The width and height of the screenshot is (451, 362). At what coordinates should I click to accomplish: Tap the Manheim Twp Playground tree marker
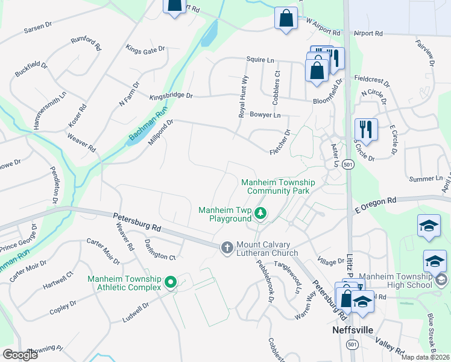coord(260,213)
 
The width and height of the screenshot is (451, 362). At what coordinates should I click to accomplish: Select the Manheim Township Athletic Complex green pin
coord(170,282)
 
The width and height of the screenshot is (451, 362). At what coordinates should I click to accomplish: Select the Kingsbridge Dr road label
coord(171,96)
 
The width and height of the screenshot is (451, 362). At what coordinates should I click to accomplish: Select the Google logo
coord(19,355)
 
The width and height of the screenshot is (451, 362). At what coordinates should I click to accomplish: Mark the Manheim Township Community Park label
coord(275,186)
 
